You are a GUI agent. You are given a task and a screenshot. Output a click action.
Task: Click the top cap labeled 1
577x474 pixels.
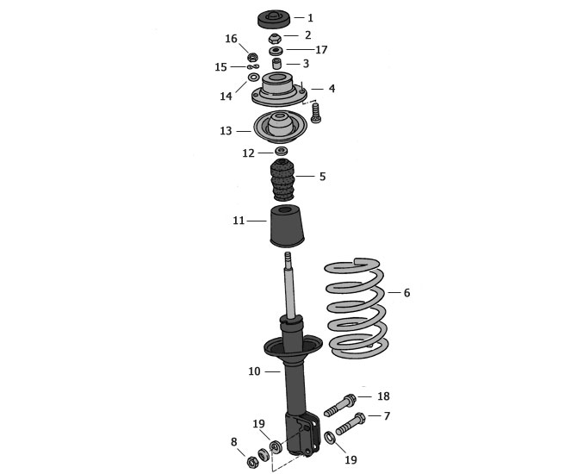(274, 19)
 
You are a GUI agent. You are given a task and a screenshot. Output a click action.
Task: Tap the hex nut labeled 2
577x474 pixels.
(275, 38)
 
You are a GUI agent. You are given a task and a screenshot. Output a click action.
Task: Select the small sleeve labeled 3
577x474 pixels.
(276, 64)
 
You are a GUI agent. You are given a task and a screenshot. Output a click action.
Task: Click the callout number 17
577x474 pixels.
(321, 50)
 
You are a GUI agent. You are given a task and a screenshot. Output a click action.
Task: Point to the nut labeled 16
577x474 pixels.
(252, 57)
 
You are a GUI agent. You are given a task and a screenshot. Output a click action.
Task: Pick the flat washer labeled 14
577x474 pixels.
(253, 78)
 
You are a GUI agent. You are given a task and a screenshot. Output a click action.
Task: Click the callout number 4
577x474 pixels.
(332, 89)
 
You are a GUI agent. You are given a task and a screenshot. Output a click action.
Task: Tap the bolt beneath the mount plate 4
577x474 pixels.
(315, 113)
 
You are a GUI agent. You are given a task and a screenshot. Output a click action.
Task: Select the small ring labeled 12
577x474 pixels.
(282, 151)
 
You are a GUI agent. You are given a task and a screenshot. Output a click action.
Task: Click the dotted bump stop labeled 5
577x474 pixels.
(282, 180)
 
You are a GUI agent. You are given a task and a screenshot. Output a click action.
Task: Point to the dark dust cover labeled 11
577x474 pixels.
(287, 226)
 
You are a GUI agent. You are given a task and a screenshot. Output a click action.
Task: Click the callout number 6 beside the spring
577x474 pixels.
(406, 293)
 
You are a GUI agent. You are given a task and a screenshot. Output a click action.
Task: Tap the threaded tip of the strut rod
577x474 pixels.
(288, 256)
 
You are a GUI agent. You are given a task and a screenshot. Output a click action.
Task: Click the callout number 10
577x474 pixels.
(254, 371)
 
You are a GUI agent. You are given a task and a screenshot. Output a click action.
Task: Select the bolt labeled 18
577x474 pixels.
(339, 406)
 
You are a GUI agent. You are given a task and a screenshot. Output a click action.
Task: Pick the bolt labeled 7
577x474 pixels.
(350, 424)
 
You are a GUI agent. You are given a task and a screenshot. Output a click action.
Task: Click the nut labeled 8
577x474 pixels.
(251, 461)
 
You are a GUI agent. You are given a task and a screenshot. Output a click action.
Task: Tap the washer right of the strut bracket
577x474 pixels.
(329, 438)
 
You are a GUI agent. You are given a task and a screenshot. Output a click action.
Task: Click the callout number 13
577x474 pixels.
(226, 131)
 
